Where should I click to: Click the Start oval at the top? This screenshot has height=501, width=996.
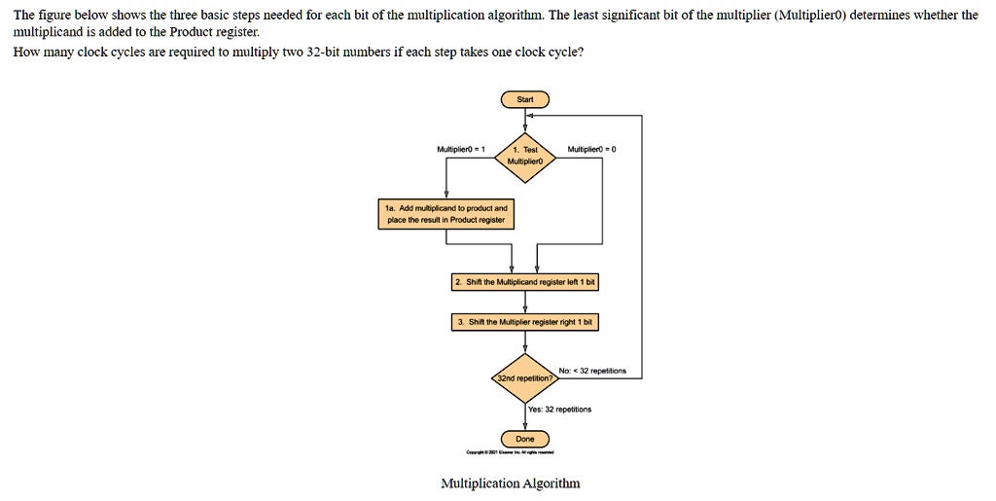click(x=525, y=99)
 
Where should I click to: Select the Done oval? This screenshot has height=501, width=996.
click(x=525, y=439)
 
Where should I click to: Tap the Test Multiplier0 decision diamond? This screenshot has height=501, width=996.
click(x=525, y=156)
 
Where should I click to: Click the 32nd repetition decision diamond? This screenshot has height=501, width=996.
click(x=525, y=376)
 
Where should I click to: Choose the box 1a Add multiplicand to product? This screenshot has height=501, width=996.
click(x=446, y=214)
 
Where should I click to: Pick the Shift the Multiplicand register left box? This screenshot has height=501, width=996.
click(x=525, y=282)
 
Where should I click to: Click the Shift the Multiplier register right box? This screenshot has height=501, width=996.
click(x=525, y=322)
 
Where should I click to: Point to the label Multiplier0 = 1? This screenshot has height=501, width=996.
click(x=461, y=149)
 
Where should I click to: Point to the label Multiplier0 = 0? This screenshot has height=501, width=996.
click(x=592, y=149)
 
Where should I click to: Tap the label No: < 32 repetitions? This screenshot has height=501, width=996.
click(x=592, y=371)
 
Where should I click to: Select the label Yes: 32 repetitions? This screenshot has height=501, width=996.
click(x=559, y=410)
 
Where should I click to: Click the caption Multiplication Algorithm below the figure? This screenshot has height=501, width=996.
click(x=510, y=483)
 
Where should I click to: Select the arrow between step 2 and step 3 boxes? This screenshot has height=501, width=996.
click(x=525, y=302)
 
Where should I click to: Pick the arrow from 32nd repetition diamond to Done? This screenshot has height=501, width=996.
click(x=525, y=415)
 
